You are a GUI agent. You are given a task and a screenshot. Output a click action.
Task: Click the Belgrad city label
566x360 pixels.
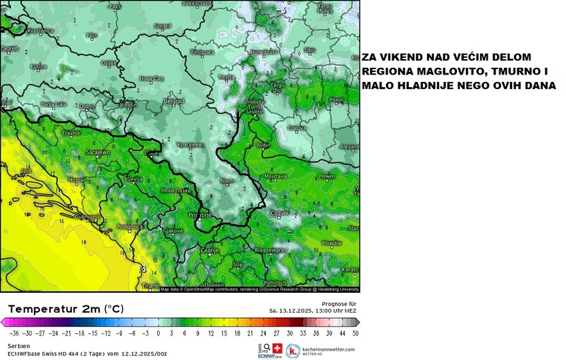174,101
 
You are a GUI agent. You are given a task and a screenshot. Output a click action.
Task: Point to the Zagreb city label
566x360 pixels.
9,49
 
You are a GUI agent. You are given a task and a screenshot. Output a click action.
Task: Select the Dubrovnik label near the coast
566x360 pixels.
87,217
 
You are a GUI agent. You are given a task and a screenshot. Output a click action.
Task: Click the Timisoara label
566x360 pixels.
200,51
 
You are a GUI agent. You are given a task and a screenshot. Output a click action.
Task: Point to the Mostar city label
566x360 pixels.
77,180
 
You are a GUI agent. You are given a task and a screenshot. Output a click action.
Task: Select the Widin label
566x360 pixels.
264,144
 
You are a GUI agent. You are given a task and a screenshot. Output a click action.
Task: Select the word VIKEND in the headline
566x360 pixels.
400,58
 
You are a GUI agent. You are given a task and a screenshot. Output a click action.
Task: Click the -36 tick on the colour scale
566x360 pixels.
11,333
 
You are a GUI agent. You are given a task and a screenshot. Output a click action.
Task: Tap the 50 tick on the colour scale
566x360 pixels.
356,333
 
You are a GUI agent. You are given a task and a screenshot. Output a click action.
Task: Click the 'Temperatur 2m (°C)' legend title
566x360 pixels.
65,309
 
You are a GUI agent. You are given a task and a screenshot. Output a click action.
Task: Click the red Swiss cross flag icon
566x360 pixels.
278,347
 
